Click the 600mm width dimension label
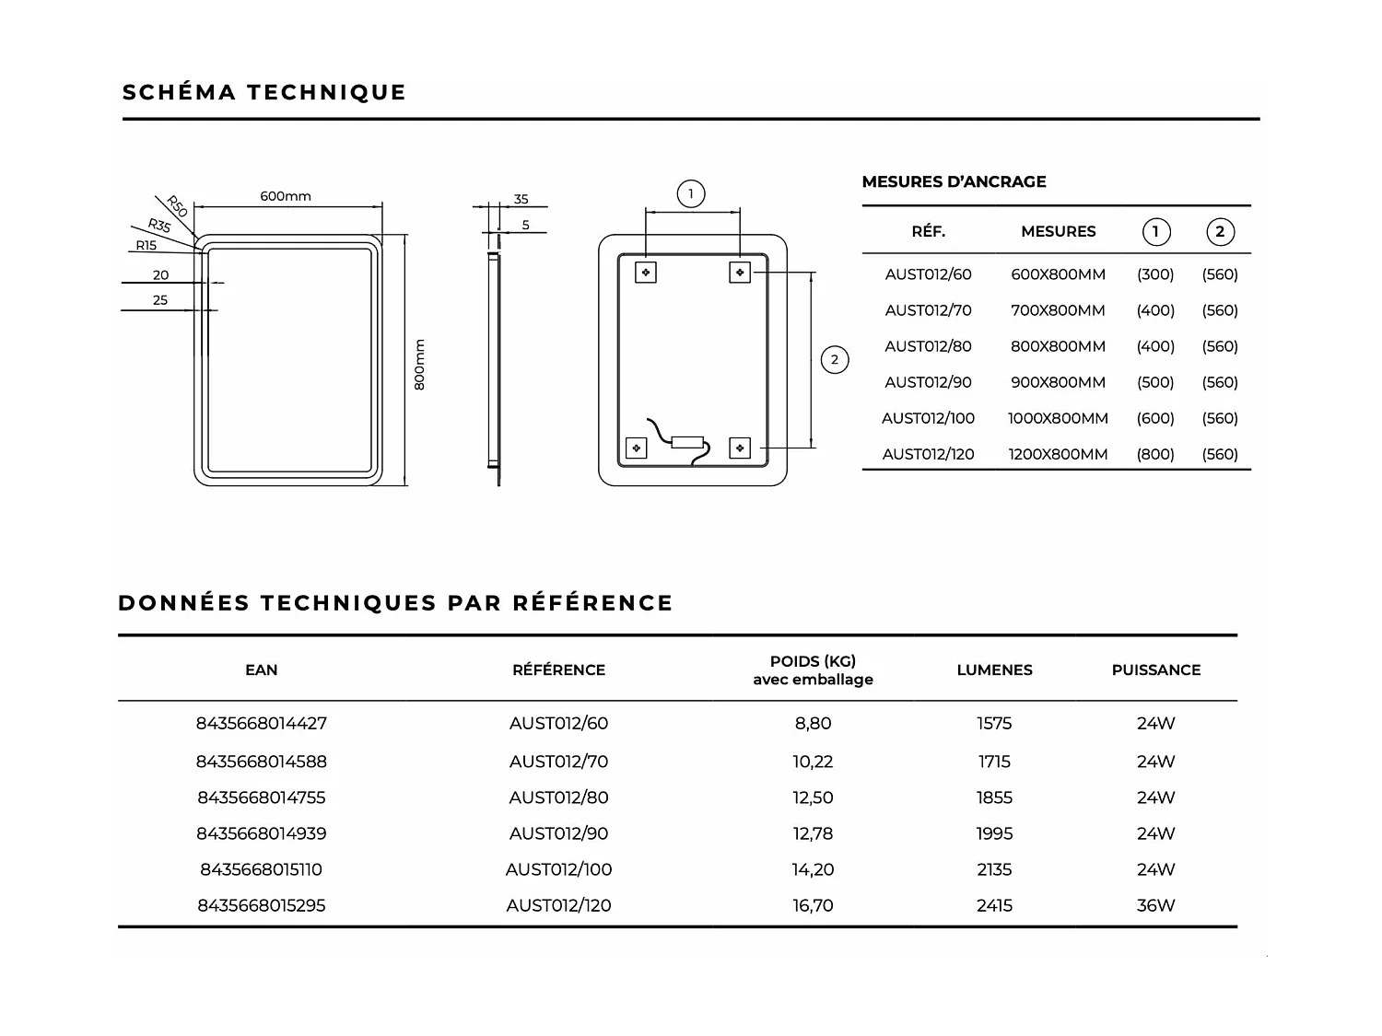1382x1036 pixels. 286,196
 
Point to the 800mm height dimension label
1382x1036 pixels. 419,365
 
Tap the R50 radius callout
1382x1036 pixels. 177,206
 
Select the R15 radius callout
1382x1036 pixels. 146,246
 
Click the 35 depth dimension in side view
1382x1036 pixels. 521,199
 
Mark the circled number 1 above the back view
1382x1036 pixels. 691,194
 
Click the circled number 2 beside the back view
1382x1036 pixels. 835,360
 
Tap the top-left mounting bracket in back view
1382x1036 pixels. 646,273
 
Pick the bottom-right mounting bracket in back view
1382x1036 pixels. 740,448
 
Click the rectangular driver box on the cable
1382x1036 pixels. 687,442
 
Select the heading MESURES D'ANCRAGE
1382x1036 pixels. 954,182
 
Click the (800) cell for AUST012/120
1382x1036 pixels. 1155,454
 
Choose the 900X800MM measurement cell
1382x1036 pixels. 1058,382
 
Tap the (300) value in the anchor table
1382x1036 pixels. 1155,274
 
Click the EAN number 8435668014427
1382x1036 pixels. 262,724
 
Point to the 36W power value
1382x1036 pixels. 1155,906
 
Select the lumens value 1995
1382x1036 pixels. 994,834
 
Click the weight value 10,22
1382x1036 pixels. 813,762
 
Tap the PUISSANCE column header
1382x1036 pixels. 1155,670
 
